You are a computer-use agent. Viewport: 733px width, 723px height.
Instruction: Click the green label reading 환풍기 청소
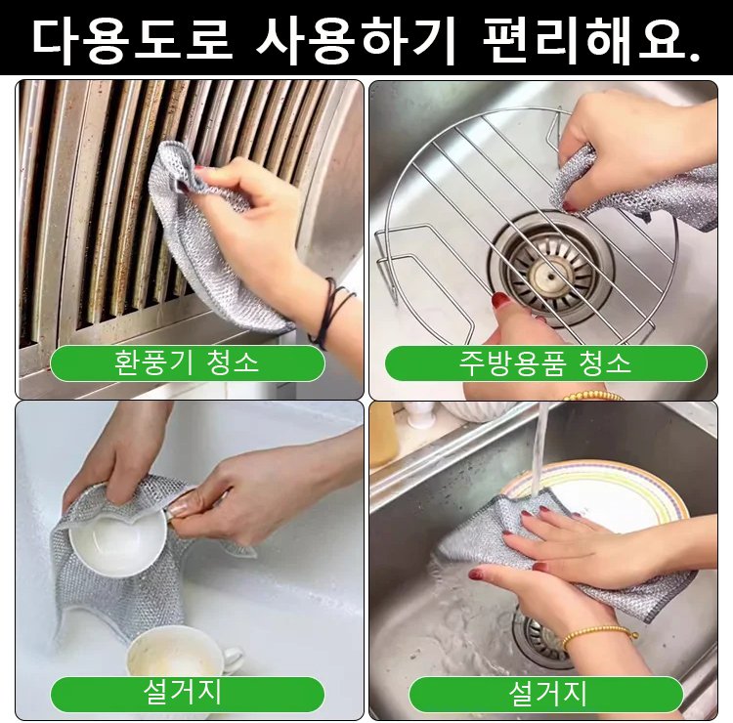(187, 363)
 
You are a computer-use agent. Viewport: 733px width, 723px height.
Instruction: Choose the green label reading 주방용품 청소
(545, 363)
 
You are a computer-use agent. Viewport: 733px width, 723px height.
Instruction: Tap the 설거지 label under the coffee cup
(187, 694)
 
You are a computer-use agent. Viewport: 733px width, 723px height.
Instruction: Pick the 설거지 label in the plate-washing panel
(545, 694)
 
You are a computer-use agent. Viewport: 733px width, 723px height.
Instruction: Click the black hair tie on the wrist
(330, 310)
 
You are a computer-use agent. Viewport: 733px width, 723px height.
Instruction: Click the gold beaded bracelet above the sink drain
(596, 633)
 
